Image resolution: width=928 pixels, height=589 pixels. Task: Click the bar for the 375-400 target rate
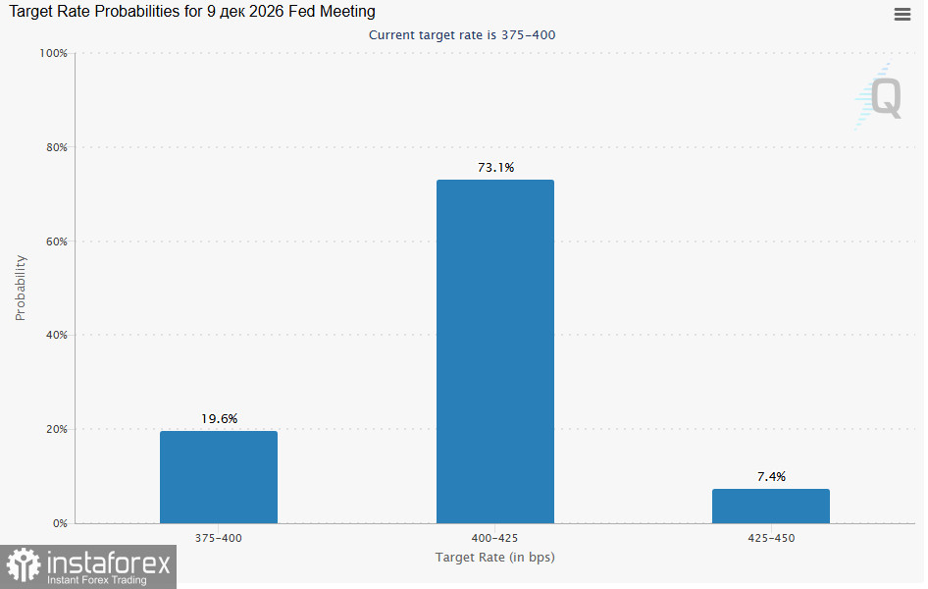click(219, 477)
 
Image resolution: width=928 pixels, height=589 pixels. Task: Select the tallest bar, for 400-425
click(495, 351)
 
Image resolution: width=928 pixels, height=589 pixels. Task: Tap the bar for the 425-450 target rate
click(771, 507)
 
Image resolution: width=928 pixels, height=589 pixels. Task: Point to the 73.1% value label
click(496, 168)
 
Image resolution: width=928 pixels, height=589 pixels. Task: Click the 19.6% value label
click(219, 419)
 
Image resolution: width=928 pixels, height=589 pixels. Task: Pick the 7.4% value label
click(771, 476)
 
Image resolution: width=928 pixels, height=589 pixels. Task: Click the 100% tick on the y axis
click(53, 53)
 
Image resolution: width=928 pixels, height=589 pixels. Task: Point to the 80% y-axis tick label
click(57, 147)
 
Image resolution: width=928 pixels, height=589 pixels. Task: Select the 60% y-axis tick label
click(57, 241)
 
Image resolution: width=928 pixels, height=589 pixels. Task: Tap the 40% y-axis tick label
click(57, 335)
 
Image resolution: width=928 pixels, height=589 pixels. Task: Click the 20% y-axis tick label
click(57, 429)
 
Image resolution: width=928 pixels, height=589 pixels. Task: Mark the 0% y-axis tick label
click(60, 523)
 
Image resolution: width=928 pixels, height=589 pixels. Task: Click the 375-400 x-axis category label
click(219, 538)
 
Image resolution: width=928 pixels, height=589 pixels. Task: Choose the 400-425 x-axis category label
click(494, 538)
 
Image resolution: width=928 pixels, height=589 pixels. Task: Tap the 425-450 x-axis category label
click(771, 538)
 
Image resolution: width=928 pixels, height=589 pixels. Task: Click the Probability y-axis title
click(21, 288)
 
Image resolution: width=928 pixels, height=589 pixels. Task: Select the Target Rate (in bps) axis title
click(494, 557)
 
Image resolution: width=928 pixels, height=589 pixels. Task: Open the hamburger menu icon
click(902, 14)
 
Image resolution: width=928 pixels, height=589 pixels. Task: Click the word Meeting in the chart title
click(347, 11)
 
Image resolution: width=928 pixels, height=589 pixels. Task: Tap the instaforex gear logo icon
click(24, 564)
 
